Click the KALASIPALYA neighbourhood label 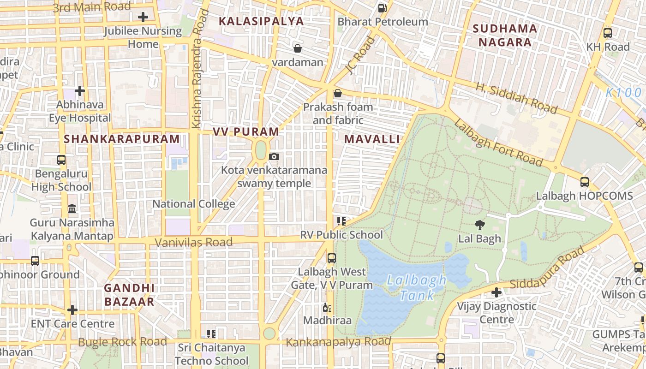(261, 21)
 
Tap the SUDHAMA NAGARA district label (505, 36)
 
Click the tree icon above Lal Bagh (479, 225)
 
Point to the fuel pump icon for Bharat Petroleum (382, 8)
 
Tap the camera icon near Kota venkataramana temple (274, 157)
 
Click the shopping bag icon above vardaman (298, 48)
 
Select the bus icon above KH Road (608, 33)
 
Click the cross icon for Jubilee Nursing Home (143, 18)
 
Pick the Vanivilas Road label (193, 242)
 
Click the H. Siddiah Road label (516, 98)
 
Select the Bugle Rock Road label (122, 342)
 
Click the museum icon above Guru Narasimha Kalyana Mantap (72, 209)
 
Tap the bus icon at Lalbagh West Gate (331, 258)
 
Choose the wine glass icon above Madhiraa (327, 307)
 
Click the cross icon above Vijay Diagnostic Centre (496, 292)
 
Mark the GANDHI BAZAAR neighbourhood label (129, 295)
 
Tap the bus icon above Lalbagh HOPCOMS (585, 182)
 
